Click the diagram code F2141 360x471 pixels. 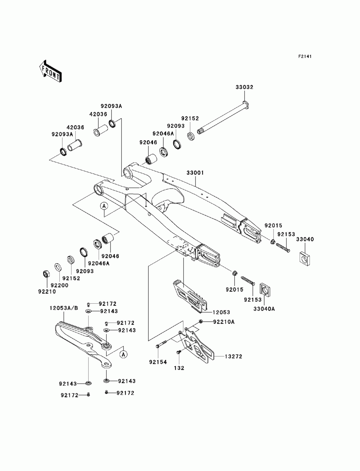tap(305, 56)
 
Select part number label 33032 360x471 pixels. tap(244, 87)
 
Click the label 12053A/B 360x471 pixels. tap(64, 308)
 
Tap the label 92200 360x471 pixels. tap(59, 285)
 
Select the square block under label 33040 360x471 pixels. tap(304, 258)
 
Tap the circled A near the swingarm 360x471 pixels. tap(104, 206)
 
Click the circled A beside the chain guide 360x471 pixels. tap(123, 354)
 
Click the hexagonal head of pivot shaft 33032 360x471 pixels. tap(246, 104)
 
